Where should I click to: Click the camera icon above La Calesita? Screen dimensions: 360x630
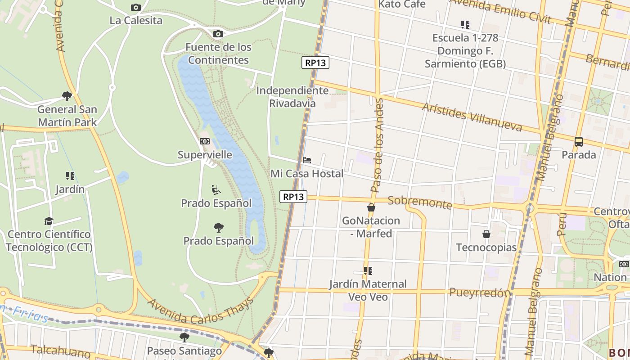[135, 7]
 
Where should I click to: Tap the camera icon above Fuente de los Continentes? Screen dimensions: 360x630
[218, 34]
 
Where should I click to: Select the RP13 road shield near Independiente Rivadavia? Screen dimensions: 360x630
[315, 63]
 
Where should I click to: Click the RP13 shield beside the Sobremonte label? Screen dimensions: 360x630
[293, 197]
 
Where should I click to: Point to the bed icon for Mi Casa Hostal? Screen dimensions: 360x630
[307, 160]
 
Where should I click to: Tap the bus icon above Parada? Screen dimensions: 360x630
[579, 141]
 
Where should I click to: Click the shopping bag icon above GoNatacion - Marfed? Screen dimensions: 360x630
[371, 207]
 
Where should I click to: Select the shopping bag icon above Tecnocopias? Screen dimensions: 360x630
[486, 234]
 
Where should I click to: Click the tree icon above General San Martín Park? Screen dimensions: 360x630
[67, 96]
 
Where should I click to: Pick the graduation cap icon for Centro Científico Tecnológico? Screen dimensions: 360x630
[49, 221]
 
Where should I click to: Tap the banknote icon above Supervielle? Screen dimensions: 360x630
[205, 141]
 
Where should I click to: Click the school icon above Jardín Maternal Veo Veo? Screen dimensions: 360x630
[368, 271]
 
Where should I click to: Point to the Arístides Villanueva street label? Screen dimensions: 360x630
[472, 117]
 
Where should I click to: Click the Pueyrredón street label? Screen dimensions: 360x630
[480, 292]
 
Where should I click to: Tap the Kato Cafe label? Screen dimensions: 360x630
[402, 4]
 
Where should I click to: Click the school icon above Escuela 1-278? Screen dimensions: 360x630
[465, 24]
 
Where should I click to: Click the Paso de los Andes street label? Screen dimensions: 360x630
[377, 146]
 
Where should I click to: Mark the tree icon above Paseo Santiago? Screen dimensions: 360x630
[184, 337]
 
